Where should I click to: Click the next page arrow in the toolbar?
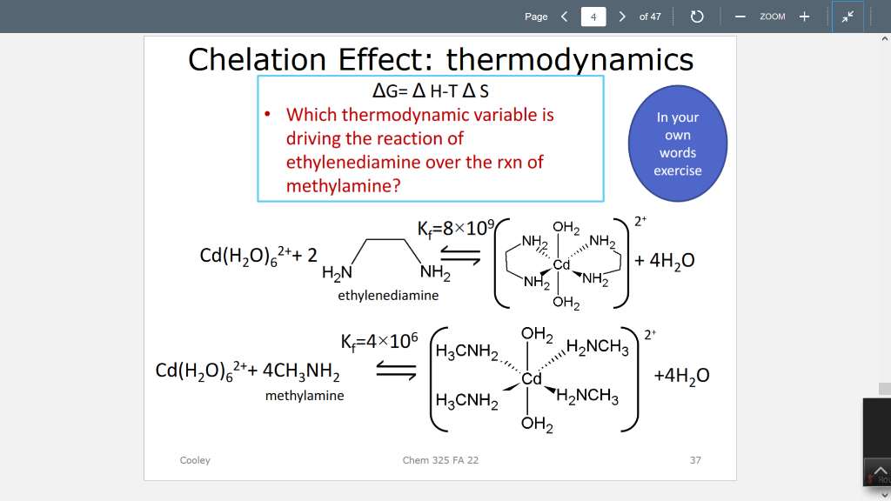point(621,17)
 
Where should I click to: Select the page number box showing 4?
point(593,17)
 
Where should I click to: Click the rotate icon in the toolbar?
point(696,17)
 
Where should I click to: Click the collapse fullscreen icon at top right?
point(847,17)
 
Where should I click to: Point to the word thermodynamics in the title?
point(570,59)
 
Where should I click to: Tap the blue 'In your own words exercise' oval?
point(678,144)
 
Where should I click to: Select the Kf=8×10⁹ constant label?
point(455,229)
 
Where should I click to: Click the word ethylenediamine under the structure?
point(388,296)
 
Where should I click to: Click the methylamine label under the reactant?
point(305,396)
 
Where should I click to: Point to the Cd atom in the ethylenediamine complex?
point(561,264)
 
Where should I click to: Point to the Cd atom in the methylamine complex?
point(532,379)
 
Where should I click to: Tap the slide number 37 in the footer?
point(695,460)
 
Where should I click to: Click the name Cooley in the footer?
point(195,460)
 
